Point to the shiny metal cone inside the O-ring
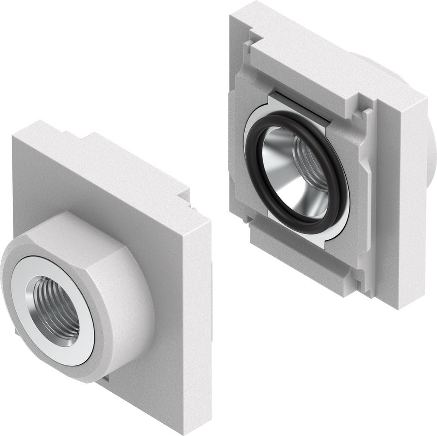point(280,175)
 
